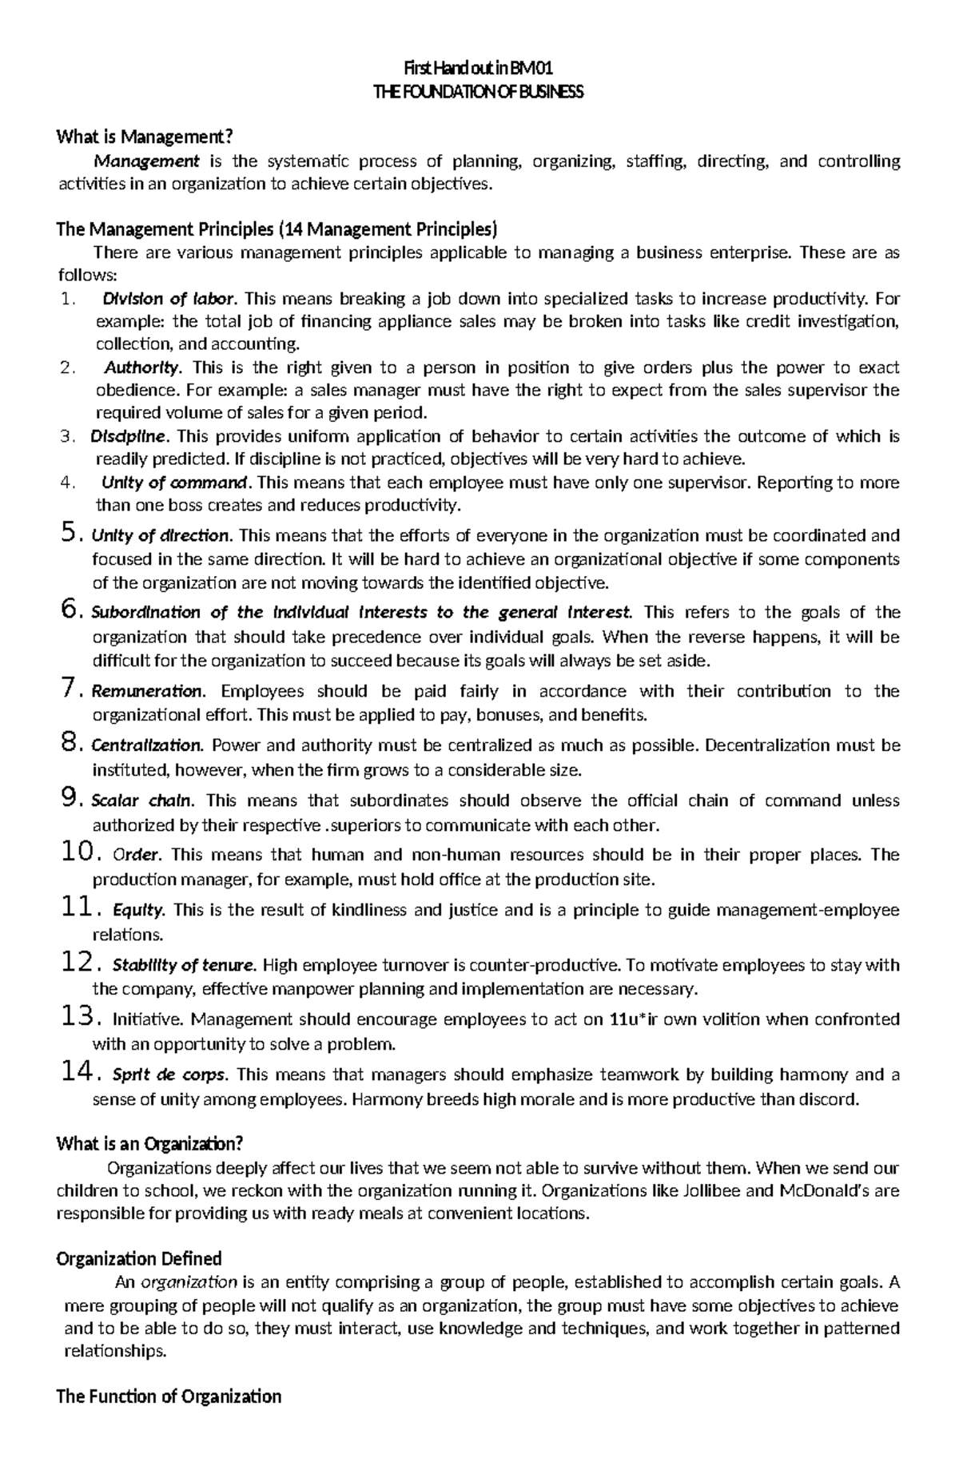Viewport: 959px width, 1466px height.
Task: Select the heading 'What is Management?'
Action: point(147,137)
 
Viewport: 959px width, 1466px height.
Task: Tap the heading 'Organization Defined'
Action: point(138,1258)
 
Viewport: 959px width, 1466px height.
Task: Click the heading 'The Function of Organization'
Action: point(169,1396)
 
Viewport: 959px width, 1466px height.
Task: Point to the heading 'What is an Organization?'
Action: point(149,1143)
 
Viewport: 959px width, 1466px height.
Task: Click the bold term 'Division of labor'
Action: point(169,300)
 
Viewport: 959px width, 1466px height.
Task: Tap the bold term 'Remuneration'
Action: point(149,691)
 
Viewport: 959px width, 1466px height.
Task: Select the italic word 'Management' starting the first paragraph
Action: point(146,161)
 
